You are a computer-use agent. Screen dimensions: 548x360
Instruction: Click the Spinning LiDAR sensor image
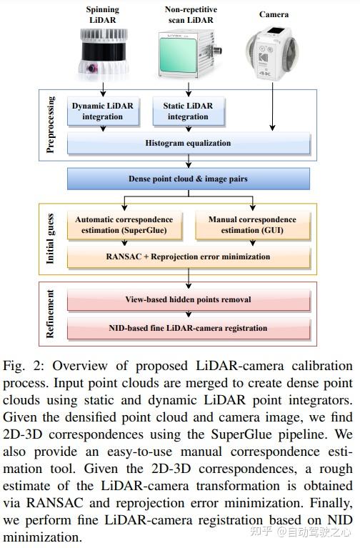tap(103, 56)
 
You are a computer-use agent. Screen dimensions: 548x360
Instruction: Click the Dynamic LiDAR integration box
tap(104, 111)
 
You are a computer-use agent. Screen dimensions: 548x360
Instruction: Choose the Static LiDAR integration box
tap(189, 111)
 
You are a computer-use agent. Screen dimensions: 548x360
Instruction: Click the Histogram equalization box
tap(189, 144)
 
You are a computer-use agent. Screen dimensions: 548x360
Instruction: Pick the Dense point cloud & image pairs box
tap(189, 179)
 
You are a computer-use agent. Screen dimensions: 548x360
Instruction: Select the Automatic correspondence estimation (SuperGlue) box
tap(124, 225)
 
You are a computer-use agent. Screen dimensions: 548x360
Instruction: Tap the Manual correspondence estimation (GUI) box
tap(251, 225)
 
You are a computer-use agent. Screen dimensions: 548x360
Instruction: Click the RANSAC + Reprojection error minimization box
tap(189, 256)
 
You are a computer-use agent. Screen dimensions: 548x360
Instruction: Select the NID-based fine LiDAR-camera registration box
tap(189, 328)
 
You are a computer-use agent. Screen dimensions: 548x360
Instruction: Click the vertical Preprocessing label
tap(51, 124)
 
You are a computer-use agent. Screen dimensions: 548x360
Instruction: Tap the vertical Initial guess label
tap(51, 240)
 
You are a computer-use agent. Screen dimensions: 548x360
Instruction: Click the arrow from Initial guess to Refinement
tap(189, 278)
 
